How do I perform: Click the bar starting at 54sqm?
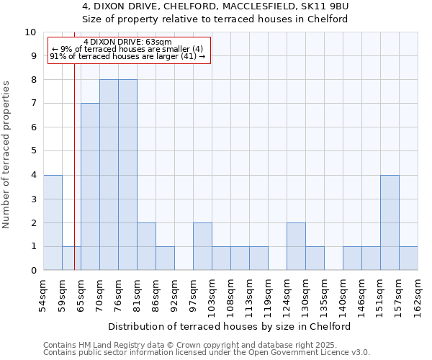(53, 222)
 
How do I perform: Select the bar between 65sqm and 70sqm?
(90, 186)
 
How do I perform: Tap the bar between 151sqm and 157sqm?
(390, 222)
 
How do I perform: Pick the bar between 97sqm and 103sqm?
(202, 246)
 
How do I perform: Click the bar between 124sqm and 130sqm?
(296, 246)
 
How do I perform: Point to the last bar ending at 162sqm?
(408, 258)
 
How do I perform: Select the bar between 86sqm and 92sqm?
(165, 258)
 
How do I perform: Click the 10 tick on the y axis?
(30, 32)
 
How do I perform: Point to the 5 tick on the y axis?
(33, 152)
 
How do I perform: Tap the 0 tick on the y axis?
(33, 271)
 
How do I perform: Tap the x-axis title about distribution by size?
(230, 326)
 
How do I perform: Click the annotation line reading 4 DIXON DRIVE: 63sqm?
(127, 42)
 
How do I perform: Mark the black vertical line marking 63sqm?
(74, 180)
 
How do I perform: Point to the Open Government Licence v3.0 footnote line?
(207, 353)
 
